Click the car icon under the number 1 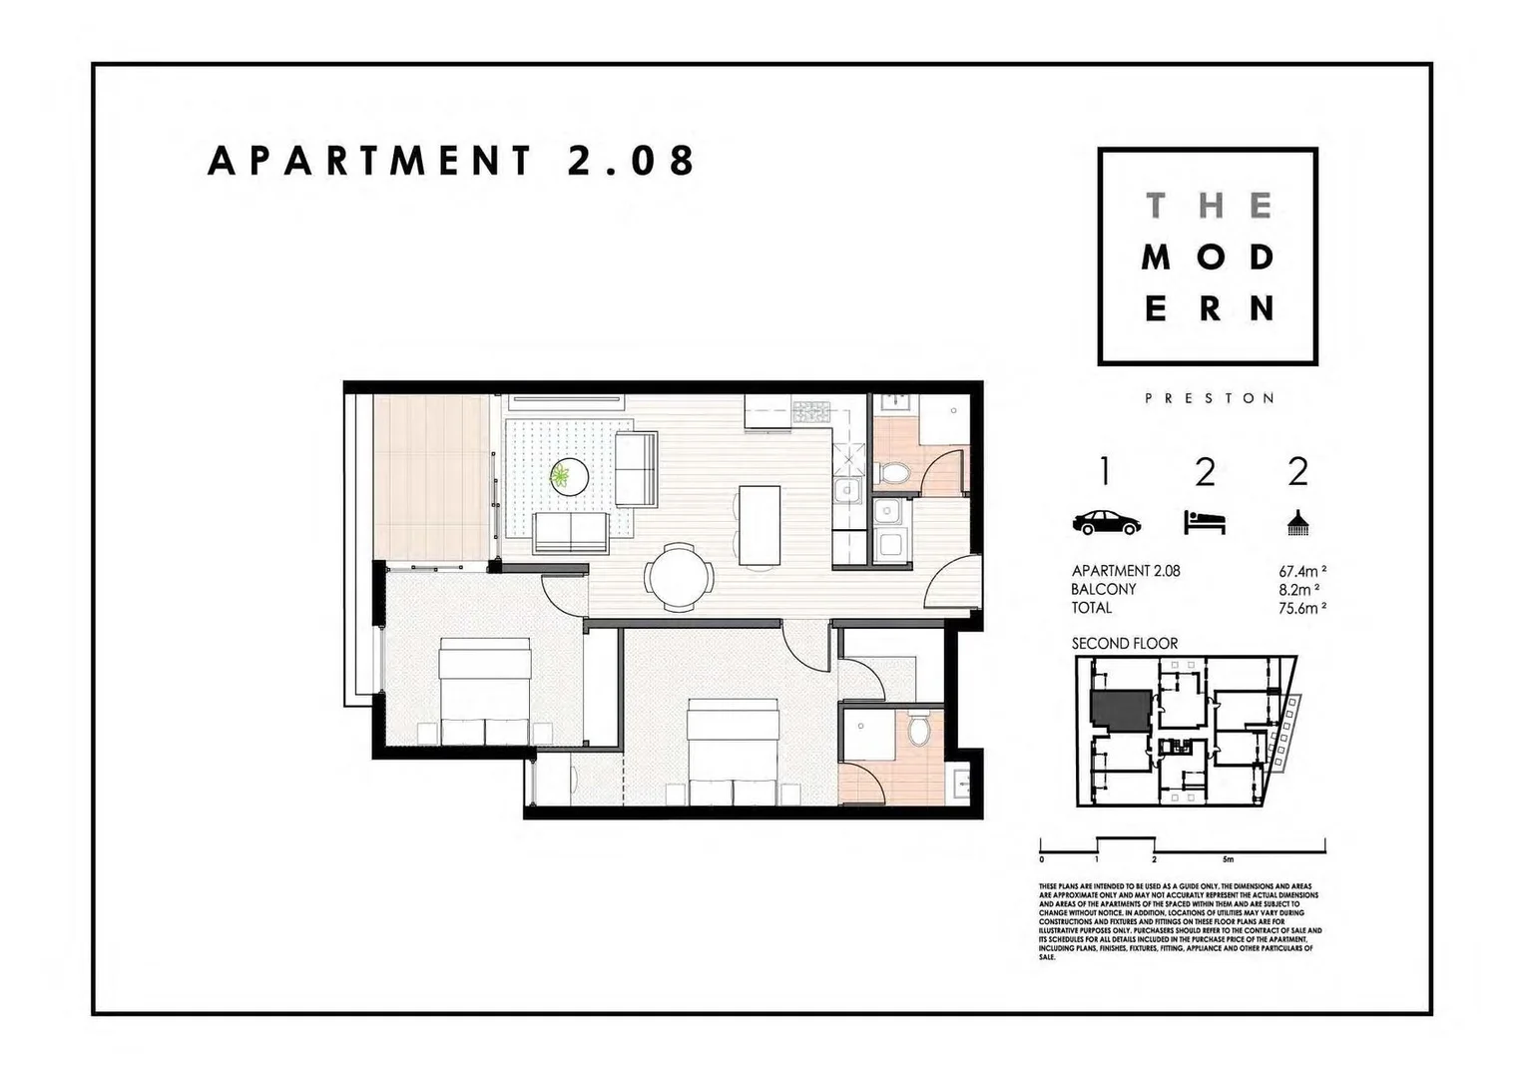[x=1106, y=522]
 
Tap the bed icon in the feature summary [x=1205, y=522]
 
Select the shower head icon [x=1297, y=521]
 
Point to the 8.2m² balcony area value [x=1302, y=590]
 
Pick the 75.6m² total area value [x=1302, y=608]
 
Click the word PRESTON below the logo [x=1209, y=398]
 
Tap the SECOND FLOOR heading [x=1125, y=644]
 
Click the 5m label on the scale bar [x=1228, y=859]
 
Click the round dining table [x=680, y=577]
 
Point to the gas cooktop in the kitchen [x=811, y=409]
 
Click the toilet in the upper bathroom [x=891, y=473]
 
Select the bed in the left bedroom [x=485, y=694]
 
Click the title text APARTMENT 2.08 [x=451, y=161]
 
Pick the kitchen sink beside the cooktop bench [x=848, y=489]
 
